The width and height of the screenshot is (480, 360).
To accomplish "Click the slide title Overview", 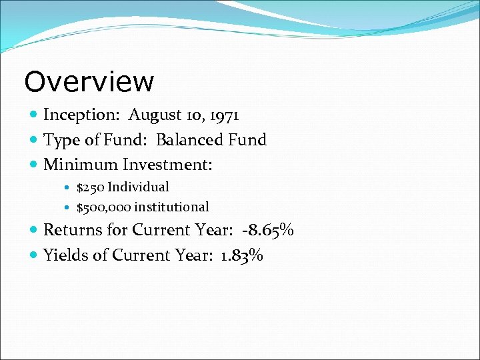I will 89,81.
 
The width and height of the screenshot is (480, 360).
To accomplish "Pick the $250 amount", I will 90,187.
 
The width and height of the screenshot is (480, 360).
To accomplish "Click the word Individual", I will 138,187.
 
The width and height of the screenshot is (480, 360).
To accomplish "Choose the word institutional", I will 171,207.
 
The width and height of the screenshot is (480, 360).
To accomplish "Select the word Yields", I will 65,255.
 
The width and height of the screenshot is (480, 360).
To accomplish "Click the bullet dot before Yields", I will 34,255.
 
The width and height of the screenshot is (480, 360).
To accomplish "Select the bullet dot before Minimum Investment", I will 34,165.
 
